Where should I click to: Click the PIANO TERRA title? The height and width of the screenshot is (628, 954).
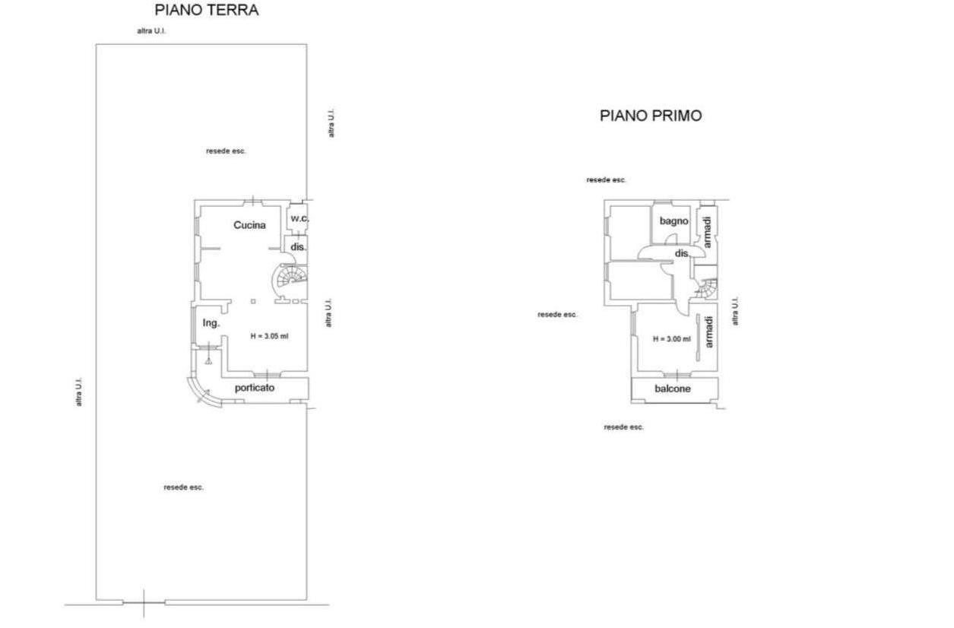[x=207, y=10]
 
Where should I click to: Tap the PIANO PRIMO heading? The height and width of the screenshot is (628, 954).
[x=651, y=116]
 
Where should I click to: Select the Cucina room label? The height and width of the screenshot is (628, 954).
[x=249, y=225]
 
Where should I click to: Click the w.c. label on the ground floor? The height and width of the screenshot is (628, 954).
[x=300, y=218]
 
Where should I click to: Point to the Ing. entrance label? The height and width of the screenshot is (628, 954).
[x=211, y=323]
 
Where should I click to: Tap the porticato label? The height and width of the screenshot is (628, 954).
[x=255, y=389]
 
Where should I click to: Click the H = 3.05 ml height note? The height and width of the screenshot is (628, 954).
[x=269, y=336]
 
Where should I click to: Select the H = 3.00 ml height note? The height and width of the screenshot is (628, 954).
[x=672, y=339]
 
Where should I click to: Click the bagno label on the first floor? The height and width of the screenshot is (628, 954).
[x=674, y=221]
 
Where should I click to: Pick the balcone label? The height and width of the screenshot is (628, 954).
[x=673, y=389]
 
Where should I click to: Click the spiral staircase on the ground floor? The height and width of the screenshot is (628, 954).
[x=290, y=279]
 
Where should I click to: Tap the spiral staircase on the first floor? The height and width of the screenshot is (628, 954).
[x=707, y=289]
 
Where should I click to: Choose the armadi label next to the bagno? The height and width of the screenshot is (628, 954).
[x=707, y=232]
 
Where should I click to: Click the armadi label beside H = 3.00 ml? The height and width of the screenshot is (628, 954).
[x=708, y=332]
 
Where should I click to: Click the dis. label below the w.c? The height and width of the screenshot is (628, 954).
[x=298, y=247]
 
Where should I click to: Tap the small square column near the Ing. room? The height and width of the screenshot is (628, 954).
[x=253, y=302]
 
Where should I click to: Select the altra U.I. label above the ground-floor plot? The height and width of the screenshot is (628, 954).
[x=151, y=31]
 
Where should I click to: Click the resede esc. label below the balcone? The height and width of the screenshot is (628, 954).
[x=623, y=427]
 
